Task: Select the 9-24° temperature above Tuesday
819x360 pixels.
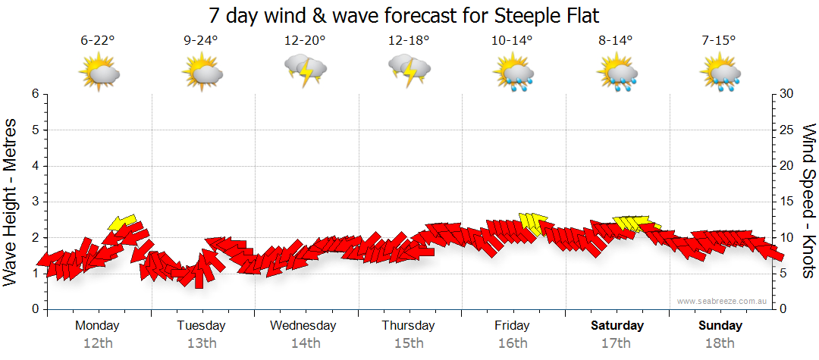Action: (201, 40)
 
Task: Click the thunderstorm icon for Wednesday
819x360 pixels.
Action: (305, 70)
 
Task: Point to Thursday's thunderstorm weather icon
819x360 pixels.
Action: (409, 70)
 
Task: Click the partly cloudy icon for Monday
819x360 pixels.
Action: (99, 74)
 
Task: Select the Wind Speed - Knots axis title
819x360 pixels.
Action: (808, 201)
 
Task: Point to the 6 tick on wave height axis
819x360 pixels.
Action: (34, 94)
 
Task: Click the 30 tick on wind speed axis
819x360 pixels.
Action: (788, 94)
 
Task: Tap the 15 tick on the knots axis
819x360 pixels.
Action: (788, 202)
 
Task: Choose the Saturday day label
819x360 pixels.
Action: (617, 326)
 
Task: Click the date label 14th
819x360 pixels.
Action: (305, 343)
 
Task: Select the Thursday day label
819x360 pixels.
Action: (408, 326)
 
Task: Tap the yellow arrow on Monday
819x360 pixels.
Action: (122, 222)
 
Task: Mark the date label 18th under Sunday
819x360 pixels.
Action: (720, 343)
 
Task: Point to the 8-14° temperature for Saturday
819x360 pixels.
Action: (617, 40)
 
